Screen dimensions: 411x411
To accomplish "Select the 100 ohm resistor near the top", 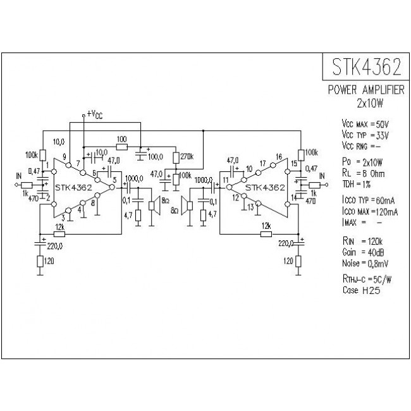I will click(121, 147).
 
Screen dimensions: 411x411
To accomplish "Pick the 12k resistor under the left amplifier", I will click(59, 233).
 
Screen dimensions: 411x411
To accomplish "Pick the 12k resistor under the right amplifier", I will click(266, 233).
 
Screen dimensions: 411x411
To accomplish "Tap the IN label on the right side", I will click(322, 175).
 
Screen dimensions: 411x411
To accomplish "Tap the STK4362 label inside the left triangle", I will click(73, 187).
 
